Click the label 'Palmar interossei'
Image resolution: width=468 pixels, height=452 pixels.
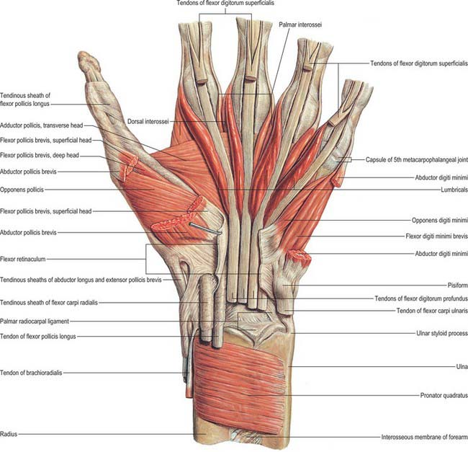pyautogui.click(x=300, y=25)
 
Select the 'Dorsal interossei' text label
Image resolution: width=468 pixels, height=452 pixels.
pyautogui.click(x=148, y=122)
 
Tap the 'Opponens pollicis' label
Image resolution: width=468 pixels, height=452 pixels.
pyautogui.click(x=22, y=190)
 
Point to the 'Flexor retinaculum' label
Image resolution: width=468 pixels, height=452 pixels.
pyautogui.click(x=23, y=259)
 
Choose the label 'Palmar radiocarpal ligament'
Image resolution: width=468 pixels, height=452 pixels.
pyautogui.click(x=35, y=322)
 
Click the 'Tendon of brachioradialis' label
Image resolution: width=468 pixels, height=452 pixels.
pyautogui.click(x=31, y=373)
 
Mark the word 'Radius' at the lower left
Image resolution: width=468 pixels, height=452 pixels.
pyautogui.click(x=9, y=435)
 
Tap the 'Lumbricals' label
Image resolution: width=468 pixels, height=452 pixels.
pyautogui.click(x=454, y=190)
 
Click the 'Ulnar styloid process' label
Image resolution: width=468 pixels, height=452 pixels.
pyautogui.click(x=442, y=333)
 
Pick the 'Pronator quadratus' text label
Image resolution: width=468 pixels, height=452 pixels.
pyautogui.click(x=444, y=396)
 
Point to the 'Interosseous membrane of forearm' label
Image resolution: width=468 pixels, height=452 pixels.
pyautogui.click(x=424, y=437)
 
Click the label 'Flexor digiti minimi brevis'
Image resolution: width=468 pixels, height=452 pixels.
pyautogui.click(x=436, y=236)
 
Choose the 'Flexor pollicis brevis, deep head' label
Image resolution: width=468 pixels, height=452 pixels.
pyautogui.click(x=40, y=155)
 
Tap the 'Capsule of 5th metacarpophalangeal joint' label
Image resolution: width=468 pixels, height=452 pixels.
pyautogui.click(x=417, y=160)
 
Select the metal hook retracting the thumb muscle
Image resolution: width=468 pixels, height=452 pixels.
pyautogui.click(x=205, y=229)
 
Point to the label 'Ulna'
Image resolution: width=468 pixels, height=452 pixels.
pyautogui.click(x=462, y=366)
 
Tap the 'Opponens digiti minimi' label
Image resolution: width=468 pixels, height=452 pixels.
pyautogui.click(x=440, y=221)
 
